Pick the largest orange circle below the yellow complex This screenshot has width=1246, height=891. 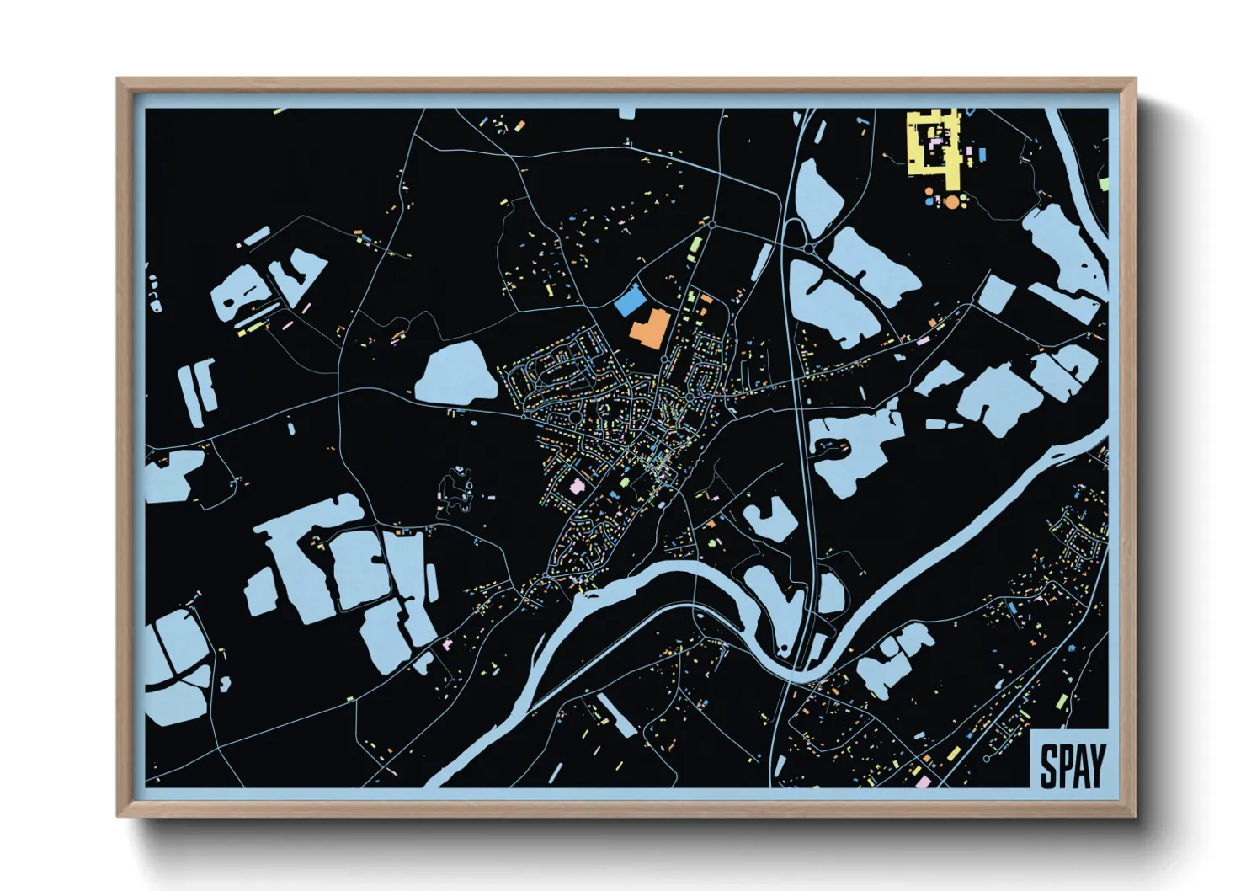coord(952,201)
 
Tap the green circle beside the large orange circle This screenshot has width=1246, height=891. coord(965,199)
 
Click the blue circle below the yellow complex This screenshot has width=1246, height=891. coord(929,201)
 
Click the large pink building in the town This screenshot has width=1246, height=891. coord(578,486)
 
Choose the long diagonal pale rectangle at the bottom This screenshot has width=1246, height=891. coord(616,715)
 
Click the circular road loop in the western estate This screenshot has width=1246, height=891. coord(575,416)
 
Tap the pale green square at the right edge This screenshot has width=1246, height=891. coord(1103,183)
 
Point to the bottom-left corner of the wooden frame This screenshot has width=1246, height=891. coord(119,815)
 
